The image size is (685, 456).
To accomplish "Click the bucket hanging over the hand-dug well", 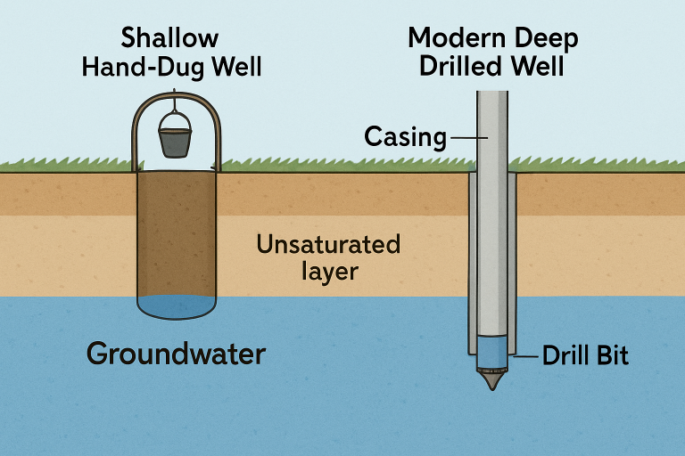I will pos(173,142).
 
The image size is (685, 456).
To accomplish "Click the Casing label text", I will pos(405,137).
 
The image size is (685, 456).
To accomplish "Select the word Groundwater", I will pos(176,354).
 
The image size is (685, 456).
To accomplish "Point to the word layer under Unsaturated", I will pos(329,270).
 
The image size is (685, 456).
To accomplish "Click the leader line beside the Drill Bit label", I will pos(523,356).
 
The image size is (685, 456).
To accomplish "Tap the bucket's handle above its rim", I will pos(174,120).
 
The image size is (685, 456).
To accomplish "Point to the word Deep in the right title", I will pos(546,38).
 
